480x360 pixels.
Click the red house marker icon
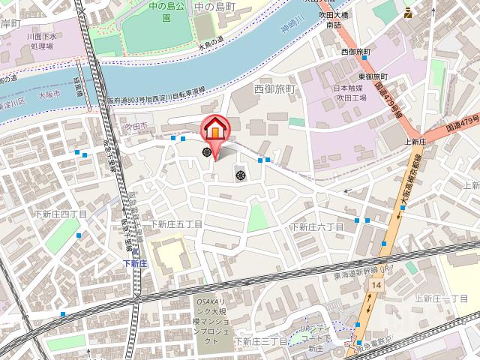point(214,129)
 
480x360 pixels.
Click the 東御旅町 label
point(373,76)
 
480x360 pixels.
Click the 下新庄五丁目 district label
point(177,224)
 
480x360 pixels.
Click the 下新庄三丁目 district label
point(260,341)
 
